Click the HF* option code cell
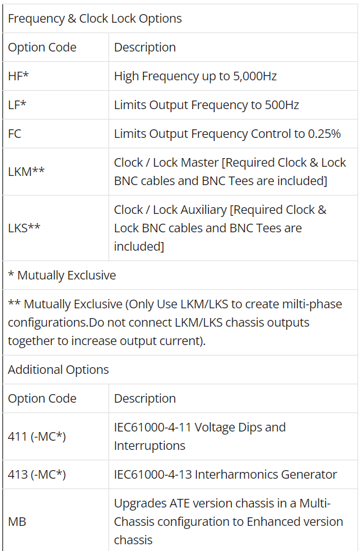point(18,76)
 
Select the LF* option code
point(17,105)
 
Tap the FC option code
point(15,134)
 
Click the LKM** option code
point(26,172)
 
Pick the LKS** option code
point(25,228)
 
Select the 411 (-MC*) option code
point(37,436)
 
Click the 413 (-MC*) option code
point(37,474)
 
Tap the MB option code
point(17,522)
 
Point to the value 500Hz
point(281,105)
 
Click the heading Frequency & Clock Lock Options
point(95,18)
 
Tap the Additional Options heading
point(58,370)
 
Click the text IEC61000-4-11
point(153,427)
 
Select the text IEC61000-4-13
point(153,474)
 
